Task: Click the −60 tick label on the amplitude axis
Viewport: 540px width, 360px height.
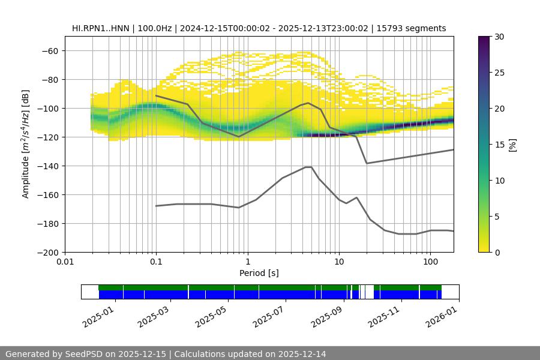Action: tap(49, 50)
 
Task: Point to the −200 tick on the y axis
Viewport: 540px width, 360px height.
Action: tap(47, 252)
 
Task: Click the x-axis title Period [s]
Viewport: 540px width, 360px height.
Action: tap(259, 274)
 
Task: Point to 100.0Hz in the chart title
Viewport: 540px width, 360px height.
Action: tap(157, 28)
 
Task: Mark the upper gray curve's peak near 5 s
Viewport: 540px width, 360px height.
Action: tap(308, 103)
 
